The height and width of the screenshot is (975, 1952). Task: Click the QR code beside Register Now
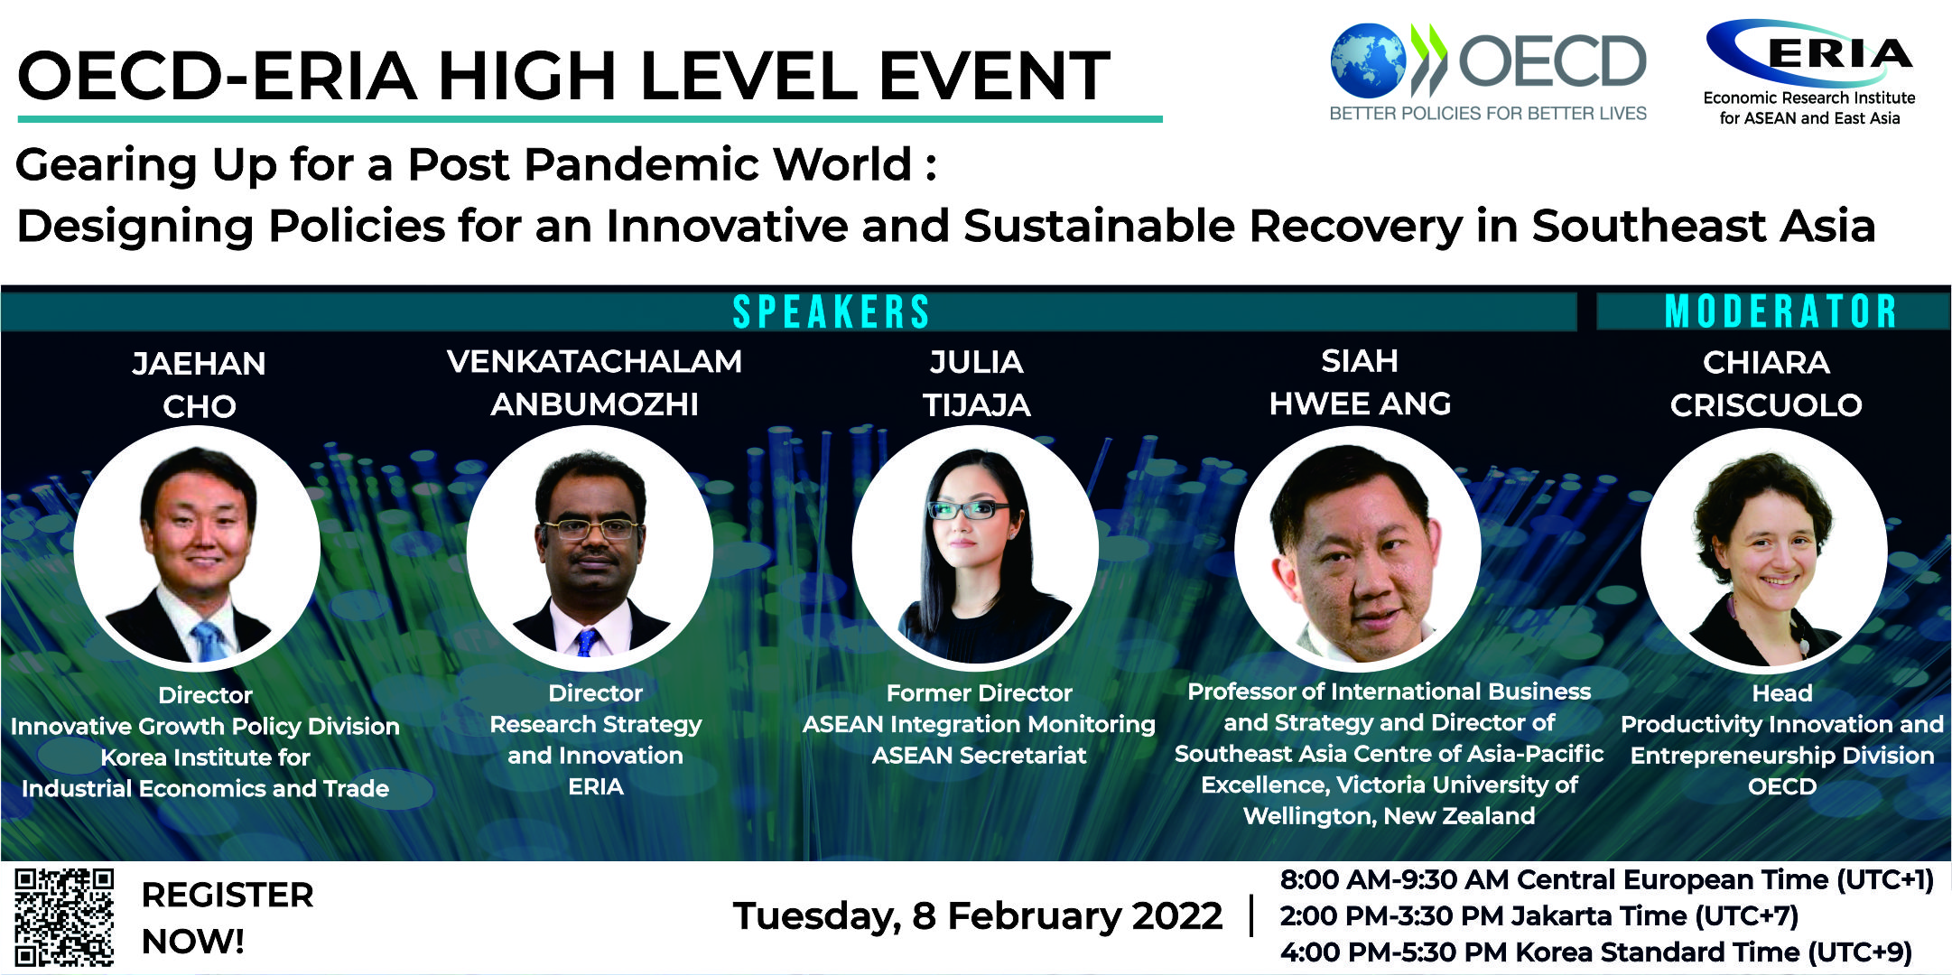pyautogui.click(x=65, y=916)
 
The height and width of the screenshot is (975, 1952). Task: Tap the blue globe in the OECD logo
pyautogui.click(x=1367, y=60)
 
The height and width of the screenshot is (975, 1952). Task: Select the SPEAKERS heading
pyautogui.click(x=831, y=312)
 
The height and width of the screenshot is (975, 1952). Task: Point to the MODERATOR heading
pyautogui.click(x=1781, y=312)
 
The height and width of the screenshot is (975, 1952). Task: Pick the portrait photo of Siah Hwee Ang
pyautogui.click(x=1358, y=548)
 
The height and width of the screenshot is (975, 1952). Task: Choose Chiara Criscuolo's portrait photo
pyautogui.click(x=1764, y=548)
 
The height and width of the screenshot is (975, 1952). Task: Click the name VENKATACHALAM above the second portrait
pyautogui.click(x=594, y=362)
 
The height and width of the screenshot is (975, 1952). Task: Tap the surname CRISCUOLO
pyautogui.click(x=1766, y=405)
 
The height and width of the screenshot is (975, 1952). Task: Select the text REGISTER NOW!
pyautogui.click(x=228, y=918)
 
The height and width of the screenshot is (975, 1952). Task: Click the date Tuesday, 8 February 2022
pyautogui.click(x=978, y=915)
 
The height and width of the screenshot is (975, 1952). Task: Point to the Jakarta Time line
pyautogui.click(x=1539, y=916)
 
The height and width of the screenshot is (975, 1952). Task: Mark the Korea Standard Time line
pyautogui.click(x=1596, y=952)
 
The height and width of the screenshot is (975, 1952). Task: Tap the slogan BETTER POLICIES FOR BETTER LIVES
pyautogui.click(x=1488, y=114)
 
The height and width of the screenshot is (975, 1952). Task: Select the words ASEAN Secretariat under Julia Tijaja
pyautogui.click(x=979, y=756)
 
